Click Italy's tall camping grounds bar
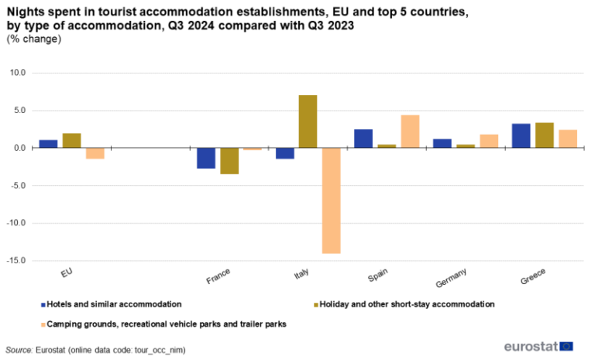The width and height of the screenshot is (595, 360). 331,201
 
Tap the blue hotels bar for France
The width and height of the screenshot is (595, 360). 206,158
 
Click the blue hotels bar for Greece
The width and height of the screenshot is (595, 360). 521,135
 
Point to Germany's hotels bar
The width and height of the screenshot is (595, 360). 442,143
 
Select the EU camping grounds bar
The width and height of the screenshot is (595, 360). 95,153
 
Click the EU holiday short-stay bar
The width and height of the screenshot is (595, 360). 72,140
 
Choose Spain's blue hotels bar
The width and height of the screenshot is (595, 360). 363,139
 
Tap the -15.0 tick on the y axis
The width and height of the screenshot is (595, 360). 15,261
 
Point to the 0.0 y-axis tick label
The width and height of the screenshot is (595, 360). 19,148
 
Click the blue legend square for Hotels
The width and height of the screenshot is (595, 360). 43,305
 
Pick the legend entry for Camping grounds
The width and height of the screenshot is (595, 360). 167,324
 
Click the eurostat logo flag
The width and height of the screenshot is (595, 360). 566,346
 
